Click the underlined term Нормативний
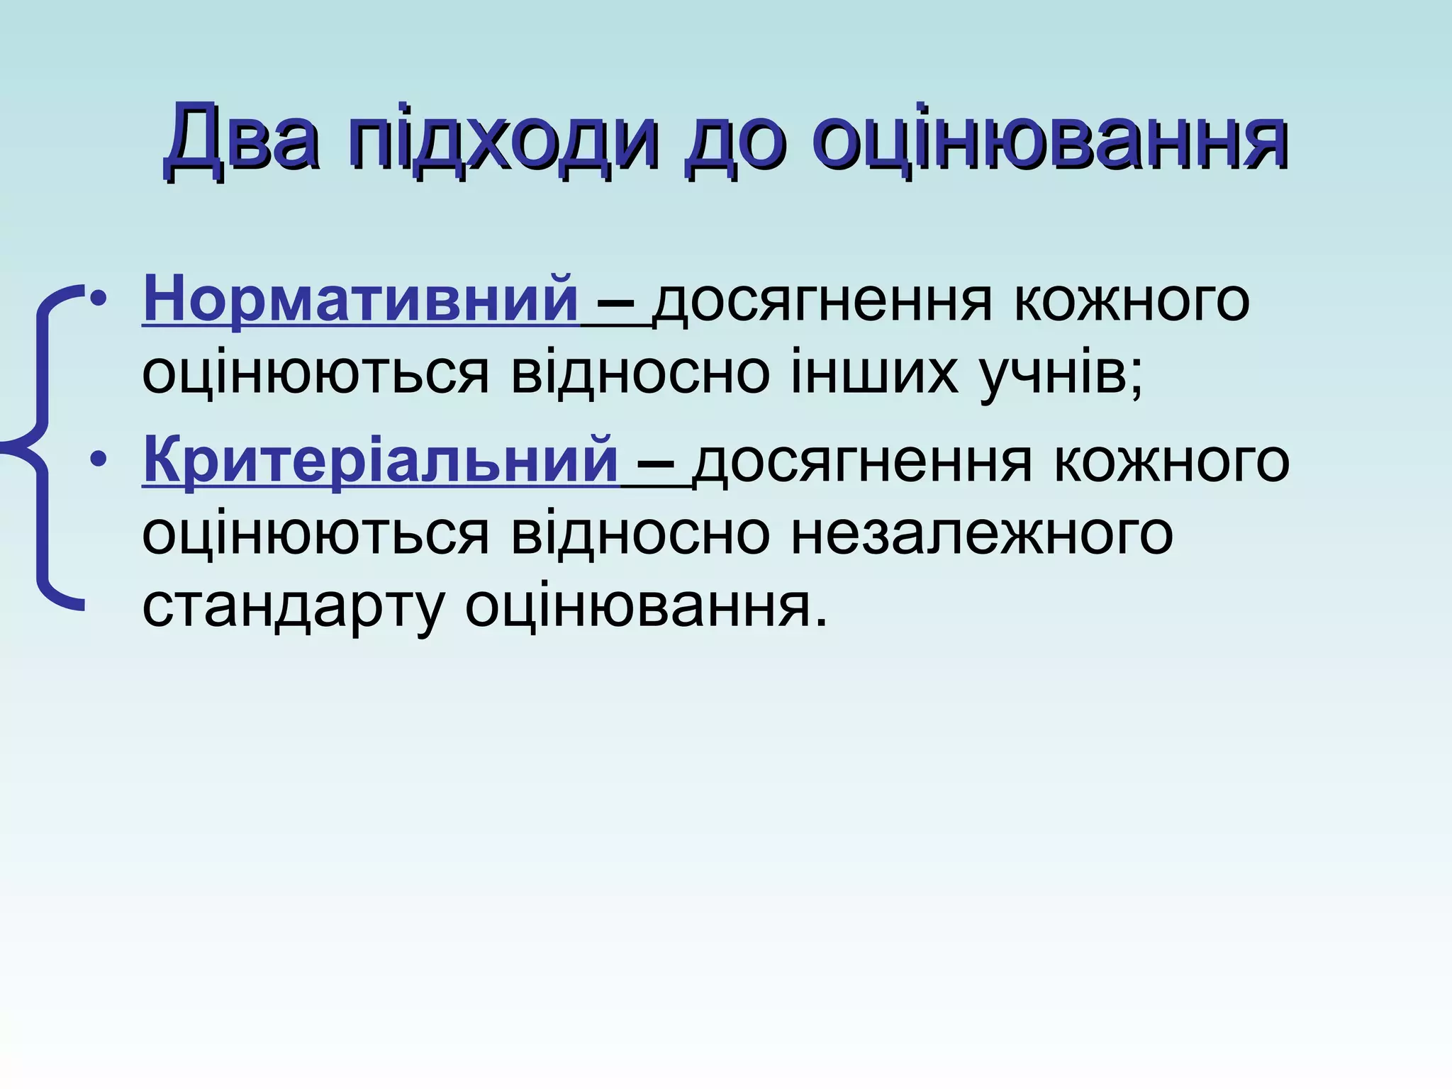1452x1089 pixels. click(x=361, y=300)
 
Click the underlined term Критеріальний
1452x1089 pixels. click(x=381, y=461)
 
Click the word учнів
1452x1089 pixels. click(x=1059, y=374)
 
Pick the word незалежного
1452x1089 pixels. click(x=981, y=533)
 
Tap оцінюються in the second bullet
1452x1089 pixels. click(x=315, y=533)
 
